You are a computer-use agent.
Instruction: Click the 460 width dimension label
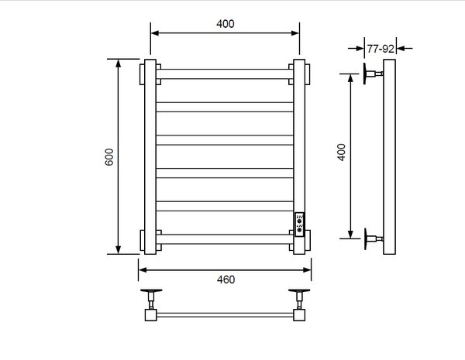(x=226, y=279)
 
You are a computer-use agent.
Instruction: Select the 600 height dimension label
(x=109, y=157)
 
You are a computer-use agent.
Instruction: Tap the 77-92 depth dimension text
(x=381, y=49)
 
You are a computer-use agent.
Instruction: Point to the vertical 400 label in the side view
(x=342, y=153)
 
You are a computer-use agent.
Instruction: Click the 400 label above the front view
(x=225, y=24)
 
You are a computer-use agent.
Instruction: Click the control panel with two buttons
(x=299, y=225)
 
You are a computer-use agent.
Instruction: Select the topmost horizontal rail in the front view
(x=225, y=74)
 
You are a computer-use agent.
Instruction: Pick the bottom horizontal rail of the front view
(x=225, y=239)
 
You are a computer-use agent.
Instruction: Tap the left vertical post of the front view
(x=150, y=156)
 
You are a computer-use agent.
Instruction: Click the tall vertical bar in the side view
(x=389, y=156)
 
